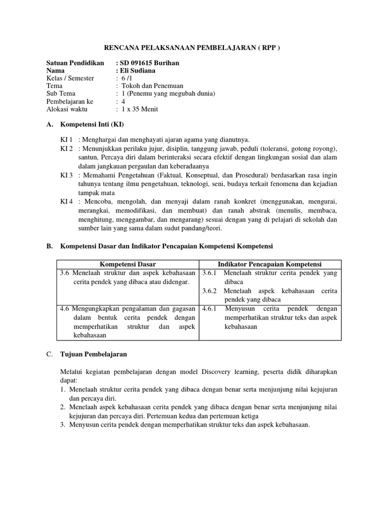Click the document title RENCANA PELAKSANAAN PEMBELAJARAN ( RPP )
(192, 48)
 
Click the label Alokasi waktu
(67, 109)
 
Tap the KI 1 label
(67, 139)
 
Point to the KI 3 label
(67, 175)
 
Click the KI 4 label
(67, 201)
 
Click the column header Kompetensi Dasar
(128, 264)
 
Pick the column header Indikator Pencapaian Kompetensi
(270, 264)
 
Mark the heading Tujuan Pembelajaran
(94, 354)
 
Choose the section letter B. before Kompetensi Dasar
(49, 246)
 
